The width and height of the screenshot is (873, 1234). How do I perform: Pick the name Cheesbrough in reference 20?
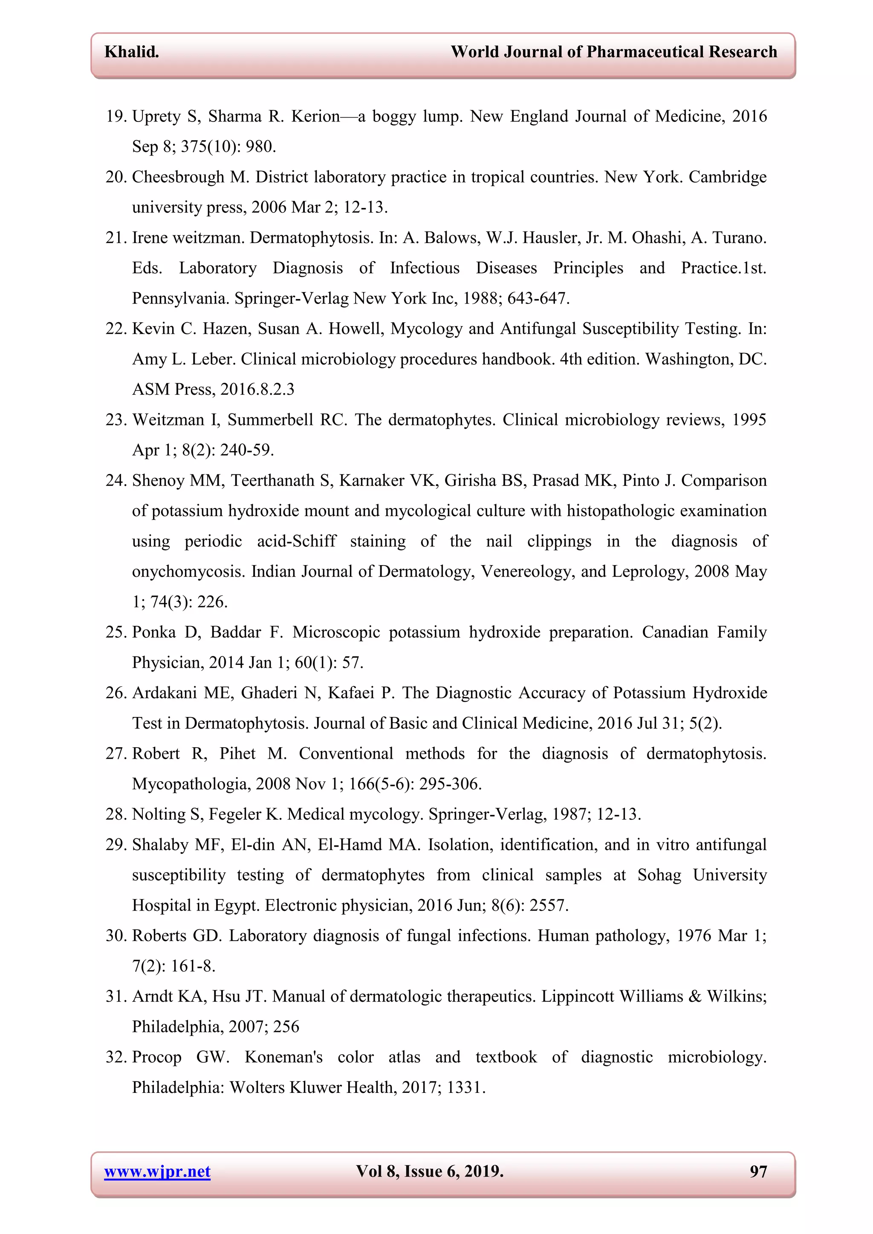tap(178, 177)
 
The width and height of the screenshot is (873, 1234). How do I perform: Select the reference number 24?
tap(116, 480)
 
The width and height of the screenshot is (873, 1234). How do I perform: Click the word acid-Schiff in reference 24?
tap(297, 541)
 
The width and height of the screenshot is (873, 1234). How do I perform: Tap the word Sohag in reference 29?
tap(659, 875)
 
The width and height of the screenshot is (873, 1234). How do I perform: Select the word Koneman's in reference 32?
tap(283, 1057)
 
